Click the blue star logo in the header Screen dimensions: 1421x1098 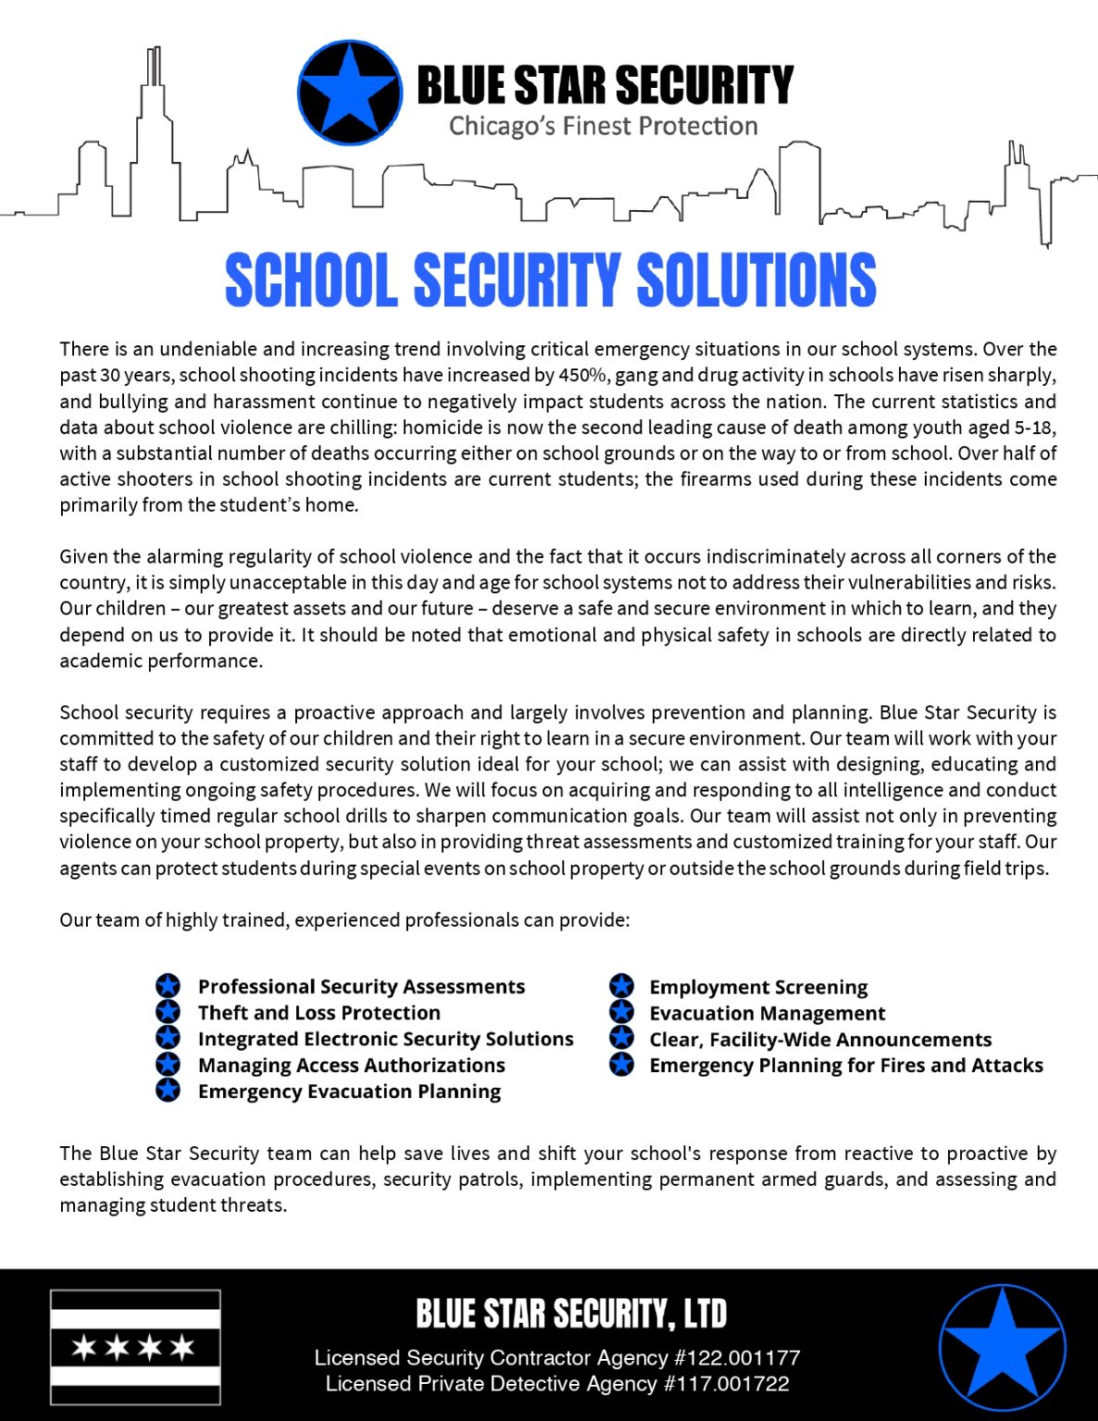click(350, 93)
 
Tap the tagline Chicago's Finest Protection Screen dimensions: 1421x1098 click(603, 126)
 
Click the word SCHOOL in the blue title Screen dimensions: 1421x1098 click(312, 280)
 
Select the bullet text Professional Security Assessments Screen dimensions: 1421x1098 click(361, 987)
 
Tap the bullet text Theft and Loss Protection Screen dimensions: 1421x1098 click(319, 1013)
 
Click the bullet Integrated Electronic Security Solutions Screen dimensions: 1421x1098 click(386, 1039)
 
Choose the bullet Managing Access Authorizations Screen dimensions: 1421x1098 click(352, 1066)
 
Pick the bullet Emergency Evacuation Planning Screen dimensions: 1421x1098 click(349, 1092)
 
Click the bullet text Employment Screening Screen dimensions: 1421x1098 click(759, 987)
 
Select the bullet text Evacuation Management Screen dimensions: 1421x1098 click(767, 1013)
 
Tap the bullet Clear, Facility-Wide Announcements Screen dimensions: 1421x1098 click(820, 1040)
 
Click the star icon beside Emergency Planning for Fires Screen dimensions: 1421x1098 click(622, 1065)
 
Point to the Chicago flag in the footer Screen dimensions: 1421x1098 click(135, 1347)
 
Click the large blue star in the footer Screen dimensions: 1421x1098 click(1002, 1347)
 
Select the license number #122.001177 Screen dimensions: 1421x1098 click(737, 1358)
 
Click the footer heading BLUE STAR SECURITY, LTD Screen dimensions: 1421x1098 click(571, 1314)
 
